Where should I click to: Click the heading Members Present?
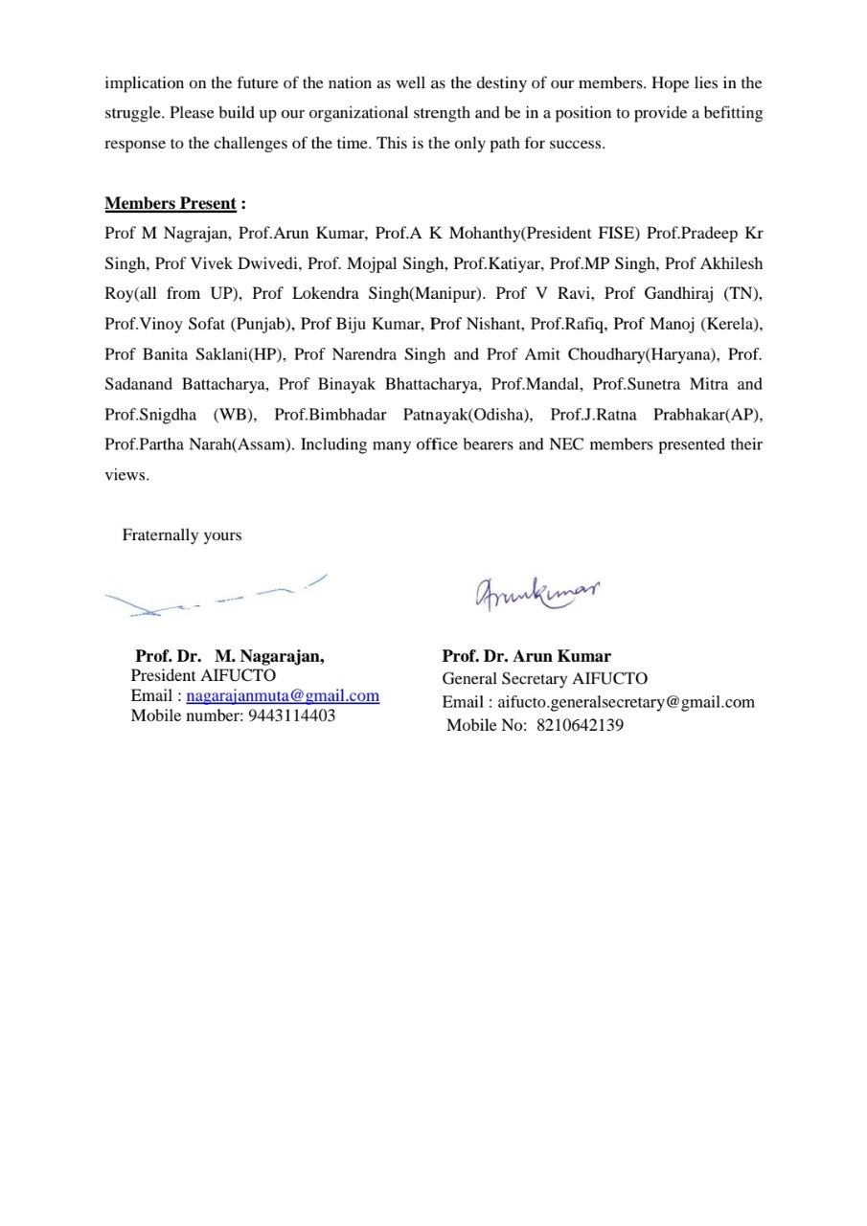pyautogui.click(x=171, y=203)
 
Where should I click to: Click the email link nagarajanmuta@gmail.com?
pyautogui.click(x=283, y=696)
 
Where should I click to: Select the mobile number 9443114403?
pyautogui.click(x=291, y=715)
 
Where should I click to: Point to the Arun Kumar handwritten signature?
pyautogui.click(x=536, y=592)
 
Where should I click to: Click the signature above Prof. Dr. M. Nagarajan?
pyautogui.click(x=216, y=597)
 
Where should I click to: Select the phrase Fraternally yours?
pyautogui.click(x=182, y=535)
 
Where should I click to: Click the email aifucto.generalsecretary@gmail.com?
pyautogui.click(x=626, y=702)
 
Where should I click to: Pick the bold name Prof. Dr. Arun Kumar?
pyautogui.click(x=526, y=656)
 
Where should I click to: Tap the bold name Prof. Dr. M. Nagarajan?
pyautogui.click(x=230, y=656)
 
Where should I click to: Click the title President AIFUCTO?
pyautogui.click(x=203, y=675)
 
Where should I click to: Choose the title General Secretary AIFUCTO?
pyautogui.click(x=544, y=679)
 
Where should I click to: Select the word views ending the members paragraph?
pyautogui.click(x=125, y=475)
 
